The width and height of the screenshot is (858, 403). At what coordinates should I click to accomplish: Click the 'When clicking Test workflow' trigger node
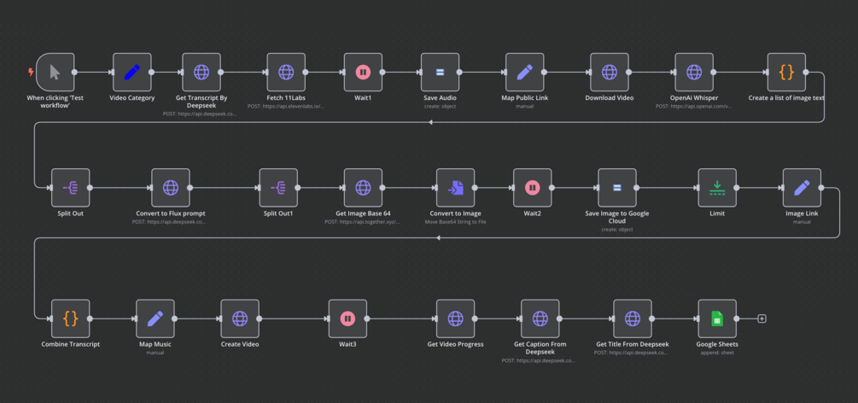point(55,73)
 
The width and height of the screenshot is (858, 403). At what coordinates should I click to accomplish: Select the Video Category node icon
point(132,73)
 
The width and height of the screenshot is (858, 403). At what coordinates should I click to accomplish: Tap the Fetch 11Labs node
point(286,73)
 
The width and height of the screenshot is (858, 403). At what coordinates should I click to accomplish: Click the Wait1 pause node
point(363,73)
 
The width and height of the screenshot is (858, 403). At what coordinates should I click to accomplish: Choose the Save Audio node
point(440,73)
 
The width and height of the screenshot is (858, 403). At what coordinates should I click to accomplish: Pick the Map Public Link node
point(525,73)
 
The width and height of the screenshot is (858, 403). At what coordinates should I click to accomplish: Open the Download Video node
point(610,73)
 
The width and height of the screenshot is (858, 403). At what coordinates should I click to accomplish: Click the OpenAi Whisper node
point(694,73)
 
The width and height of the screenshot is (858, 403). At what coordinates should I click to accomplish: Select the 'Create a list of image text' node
point(786,73)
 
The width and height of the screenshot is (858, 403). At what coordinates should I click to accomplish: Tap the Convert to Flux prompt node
point(171,188)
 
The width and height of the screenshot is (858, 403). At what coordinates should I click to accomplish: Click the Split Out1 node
point(278,188)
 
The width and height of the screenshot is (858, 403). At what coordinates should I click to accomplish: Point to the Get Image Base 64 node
point(363,188)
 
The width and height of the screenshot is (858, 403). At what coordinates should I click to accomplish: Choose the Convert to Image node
point(455,188)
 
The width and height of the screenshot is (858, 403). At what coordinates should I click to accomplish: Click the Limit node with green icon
point(717,188)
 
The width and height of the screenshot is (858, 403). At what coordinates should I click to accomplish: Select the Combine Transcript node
point(70,318)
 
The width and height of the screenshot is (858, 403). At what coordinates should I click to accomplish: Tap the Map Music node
point(155,318)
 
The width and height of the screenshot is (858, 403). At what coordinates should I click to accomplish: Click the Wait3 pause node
point(347,318)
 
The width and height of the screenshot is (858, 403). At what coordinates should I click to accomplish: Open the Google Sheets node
point(717,318)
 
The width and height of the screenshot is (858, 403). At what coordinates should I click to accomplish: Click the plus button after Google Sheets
point(762,318)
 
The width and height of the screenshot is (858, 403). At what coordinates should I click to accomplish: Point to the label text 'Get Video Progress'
point(455,344)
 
